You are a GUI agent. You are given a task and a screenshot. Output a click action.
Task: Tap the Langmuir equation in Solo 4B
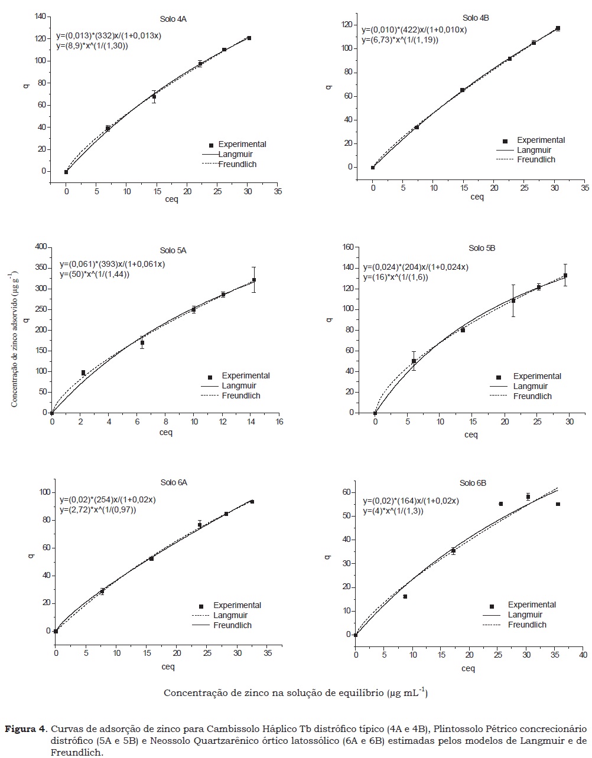[414, 30]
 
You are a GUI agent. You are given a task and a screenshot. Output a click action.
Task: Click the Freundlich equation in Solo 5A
[95, 275]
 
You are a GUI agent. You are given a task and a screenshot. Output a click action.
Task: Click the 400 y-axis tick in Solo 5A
[40, 247]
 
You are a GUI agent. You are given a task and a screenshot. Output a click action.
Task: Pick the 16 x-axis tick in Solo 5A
[279, 422]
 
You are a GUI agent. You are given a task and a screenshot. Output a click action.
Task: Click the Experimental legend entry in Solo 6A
[237, 605]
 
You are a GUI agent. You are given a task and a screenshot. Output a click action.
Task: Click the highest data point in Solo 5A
[254, 280]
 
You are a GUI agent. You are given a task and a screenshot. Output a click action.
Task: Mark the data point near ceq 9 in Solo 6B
[405, 597]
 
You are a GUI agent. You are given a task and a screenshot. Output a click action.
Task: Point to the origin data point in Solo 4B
[373, 168]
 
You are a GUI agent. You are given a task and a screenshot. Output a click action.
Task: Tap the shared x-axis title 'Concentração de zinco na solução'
[295, 692]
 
